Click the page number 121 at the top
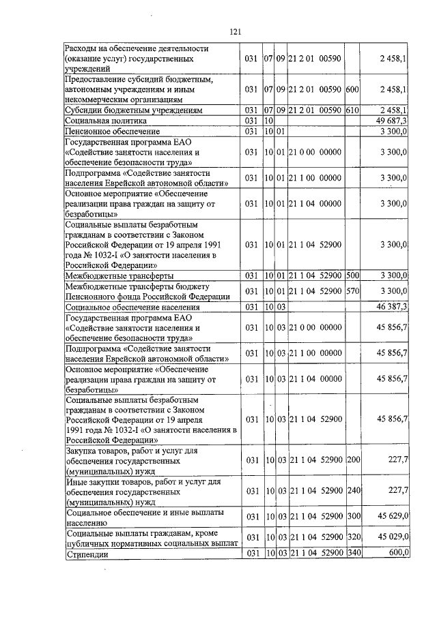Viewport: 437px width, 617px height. [x=236, y=31]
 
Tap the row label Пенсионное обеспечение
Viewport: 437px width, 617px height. [x=112, y=131]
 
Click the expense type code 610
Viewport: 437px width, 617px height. [x=352, y=109]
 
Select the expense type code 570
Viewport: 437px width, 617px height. [x=352, y=291]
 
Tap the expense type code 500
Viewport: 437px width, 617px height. [x=352, y=275]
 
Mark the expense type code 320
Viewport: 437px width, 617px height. [x=352, y=537]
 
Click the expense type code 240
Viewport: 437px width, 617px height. [x=352, y=490]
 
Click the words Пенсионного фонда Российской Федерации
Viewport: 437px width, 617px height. [x=146, y=297]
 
